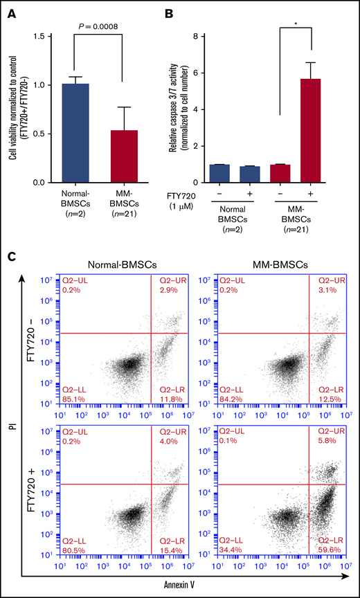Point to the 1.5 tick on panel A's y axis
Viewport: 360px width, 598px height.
46,36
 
